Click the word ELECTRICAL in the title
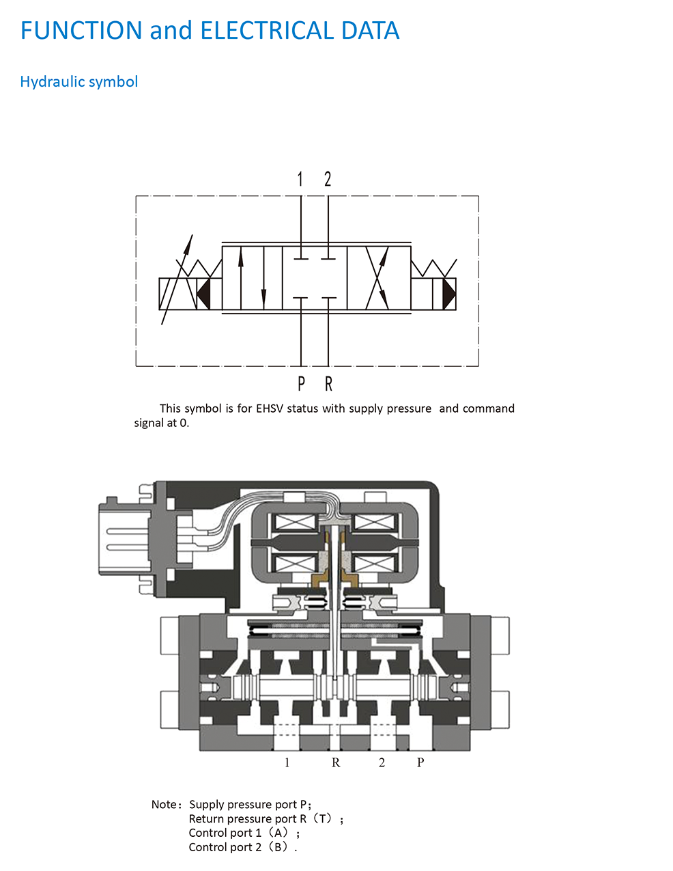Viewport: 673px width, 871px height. tap(267, 30)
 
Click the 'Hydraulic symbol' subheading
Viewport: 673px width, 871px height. tap(79, 82)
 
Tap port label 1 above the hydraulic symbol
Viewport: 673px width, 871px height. tap(300, 179)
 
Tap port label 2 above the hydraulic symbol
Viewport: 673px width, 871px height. tap(328, 179)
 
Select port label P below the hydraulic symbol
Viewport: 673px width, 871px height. tap(301, 384)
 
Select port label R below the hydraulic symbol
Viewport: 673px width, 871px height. tap(328, 384)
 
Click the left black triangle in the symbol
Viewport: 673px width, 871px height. tap(203, 293)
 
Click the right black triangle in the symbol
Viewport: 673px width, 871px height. tap(449, 293)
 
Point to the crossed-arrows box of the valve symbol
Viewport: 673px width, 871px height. tap(378, 277)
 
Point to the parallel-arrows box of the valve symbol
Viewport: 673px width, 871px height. tap(253, 277)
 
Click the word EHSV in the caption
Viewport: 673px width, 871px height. tap(270, 409)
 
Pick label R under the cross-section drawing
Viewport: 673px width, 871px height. tap(336, 762)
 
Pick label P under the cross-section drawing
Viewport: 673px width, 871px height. tap(420, 762)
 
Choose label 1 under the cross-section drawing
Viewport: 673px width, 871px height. tap(287, 762)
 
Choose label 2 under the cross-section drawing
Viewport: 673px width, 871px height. tap(382, 762)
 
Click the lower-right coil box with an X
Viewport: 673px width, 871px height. tap(374, 564)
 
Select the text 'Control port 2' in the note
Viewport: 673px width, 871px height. tap(225, 847)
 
